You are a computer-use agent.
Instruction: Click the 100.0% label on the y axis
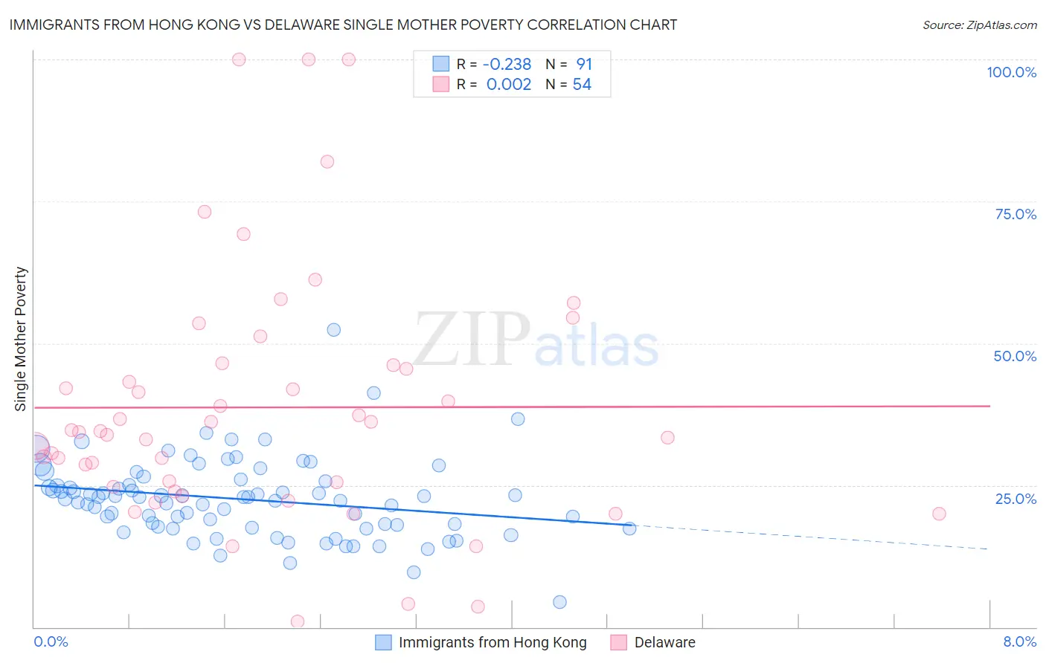[x=1011, y=72]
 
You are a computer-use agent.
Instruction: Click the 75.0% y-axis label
[x=1015, y=214]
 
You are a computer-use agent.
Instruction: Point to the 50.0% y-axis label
[x=1015, y=356]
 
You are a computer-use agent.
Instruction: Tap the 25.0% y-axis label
[x=1015, y=498]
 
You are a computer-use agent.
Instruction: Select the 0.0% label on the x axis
[x=51, y=641]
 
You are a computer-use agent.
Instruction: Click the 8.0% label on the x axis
[x=1019, y=641]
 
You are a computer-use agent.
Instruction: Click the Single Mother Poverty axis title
[x=21, y=339]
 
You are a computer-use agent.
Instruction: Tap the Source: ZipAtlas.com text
[x=979, y=25]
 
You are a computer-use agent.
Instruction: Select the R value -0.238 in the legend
[x=507, y=65]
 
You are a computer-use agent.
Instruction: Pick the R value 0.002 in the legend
[x=509, y=85]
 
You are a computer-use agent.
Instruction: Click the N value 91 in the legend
[x=584, y=65]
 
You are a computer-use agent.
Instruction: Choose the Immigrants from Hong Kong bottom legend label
[x=492, y=642]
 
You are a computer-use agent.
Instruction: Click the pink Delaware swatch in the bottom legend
[x=618, y=642]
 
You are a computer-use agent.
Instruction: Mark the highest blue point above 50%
[x=334, y=330]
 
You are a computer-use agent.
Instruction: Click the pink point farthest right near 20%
[x=939, y=514]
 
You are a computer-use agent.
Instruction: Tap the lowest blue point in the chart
[x=560, y=602]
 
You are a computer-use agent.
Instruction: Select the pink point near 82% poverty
[x=327, y=162]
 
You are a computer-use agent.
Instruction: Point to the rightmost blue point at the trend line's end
[x=629, y=528]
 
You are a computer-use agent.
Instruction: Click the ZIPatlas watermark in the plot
[x=536, y=340]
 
